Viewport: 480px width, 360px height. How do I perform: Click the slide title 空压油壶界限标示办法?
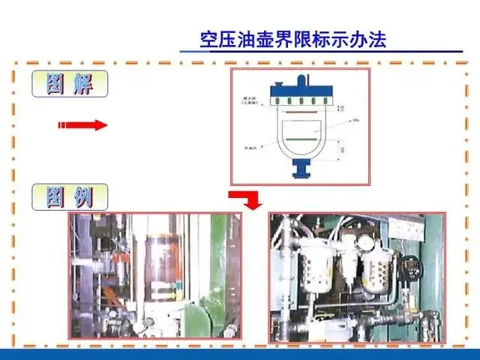(x=293, y=39)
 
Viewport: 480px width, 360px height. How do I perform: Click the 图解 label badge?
(x=70, y=83)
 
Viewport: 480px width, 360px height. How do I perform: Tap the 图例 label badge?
(x=70, y=197)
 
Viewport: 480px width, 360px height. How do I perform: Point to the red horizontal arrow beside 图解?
(x=82, y=125)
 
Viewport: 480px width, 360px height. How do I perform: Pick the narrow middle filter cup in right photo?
(x=348, y=266)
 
